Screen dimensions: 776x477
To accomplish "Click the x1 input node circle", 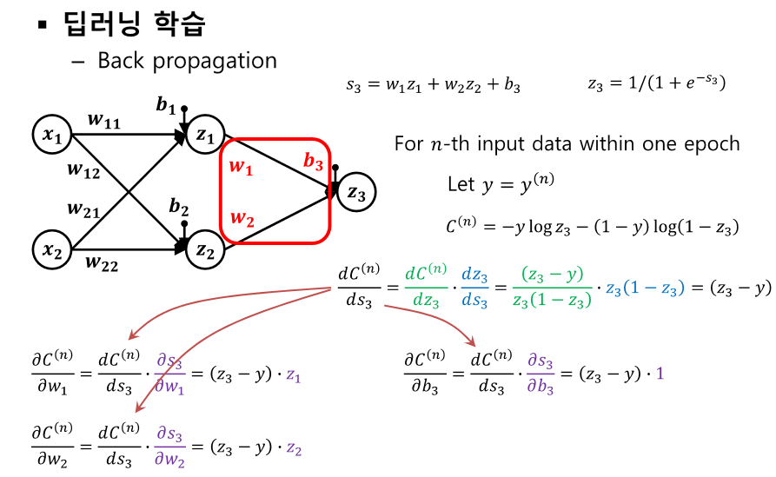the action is [x=53, y=135].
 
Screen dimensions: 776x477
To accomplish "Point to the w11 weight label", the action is [x=105, y=122].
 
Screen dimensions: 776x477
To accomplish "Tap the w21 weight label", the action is [x=85, y=209].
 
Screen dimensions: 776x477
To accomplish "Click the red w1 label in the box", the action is [x=240, y=167].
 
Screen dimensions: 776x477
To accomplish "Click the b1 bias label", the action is [x=166, y=105].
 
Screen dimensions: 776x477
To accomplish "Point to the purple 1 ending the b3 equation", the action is [x=660, y=374].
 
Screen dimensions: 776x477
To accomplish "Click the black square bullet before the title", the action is [x=41, y=25].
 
